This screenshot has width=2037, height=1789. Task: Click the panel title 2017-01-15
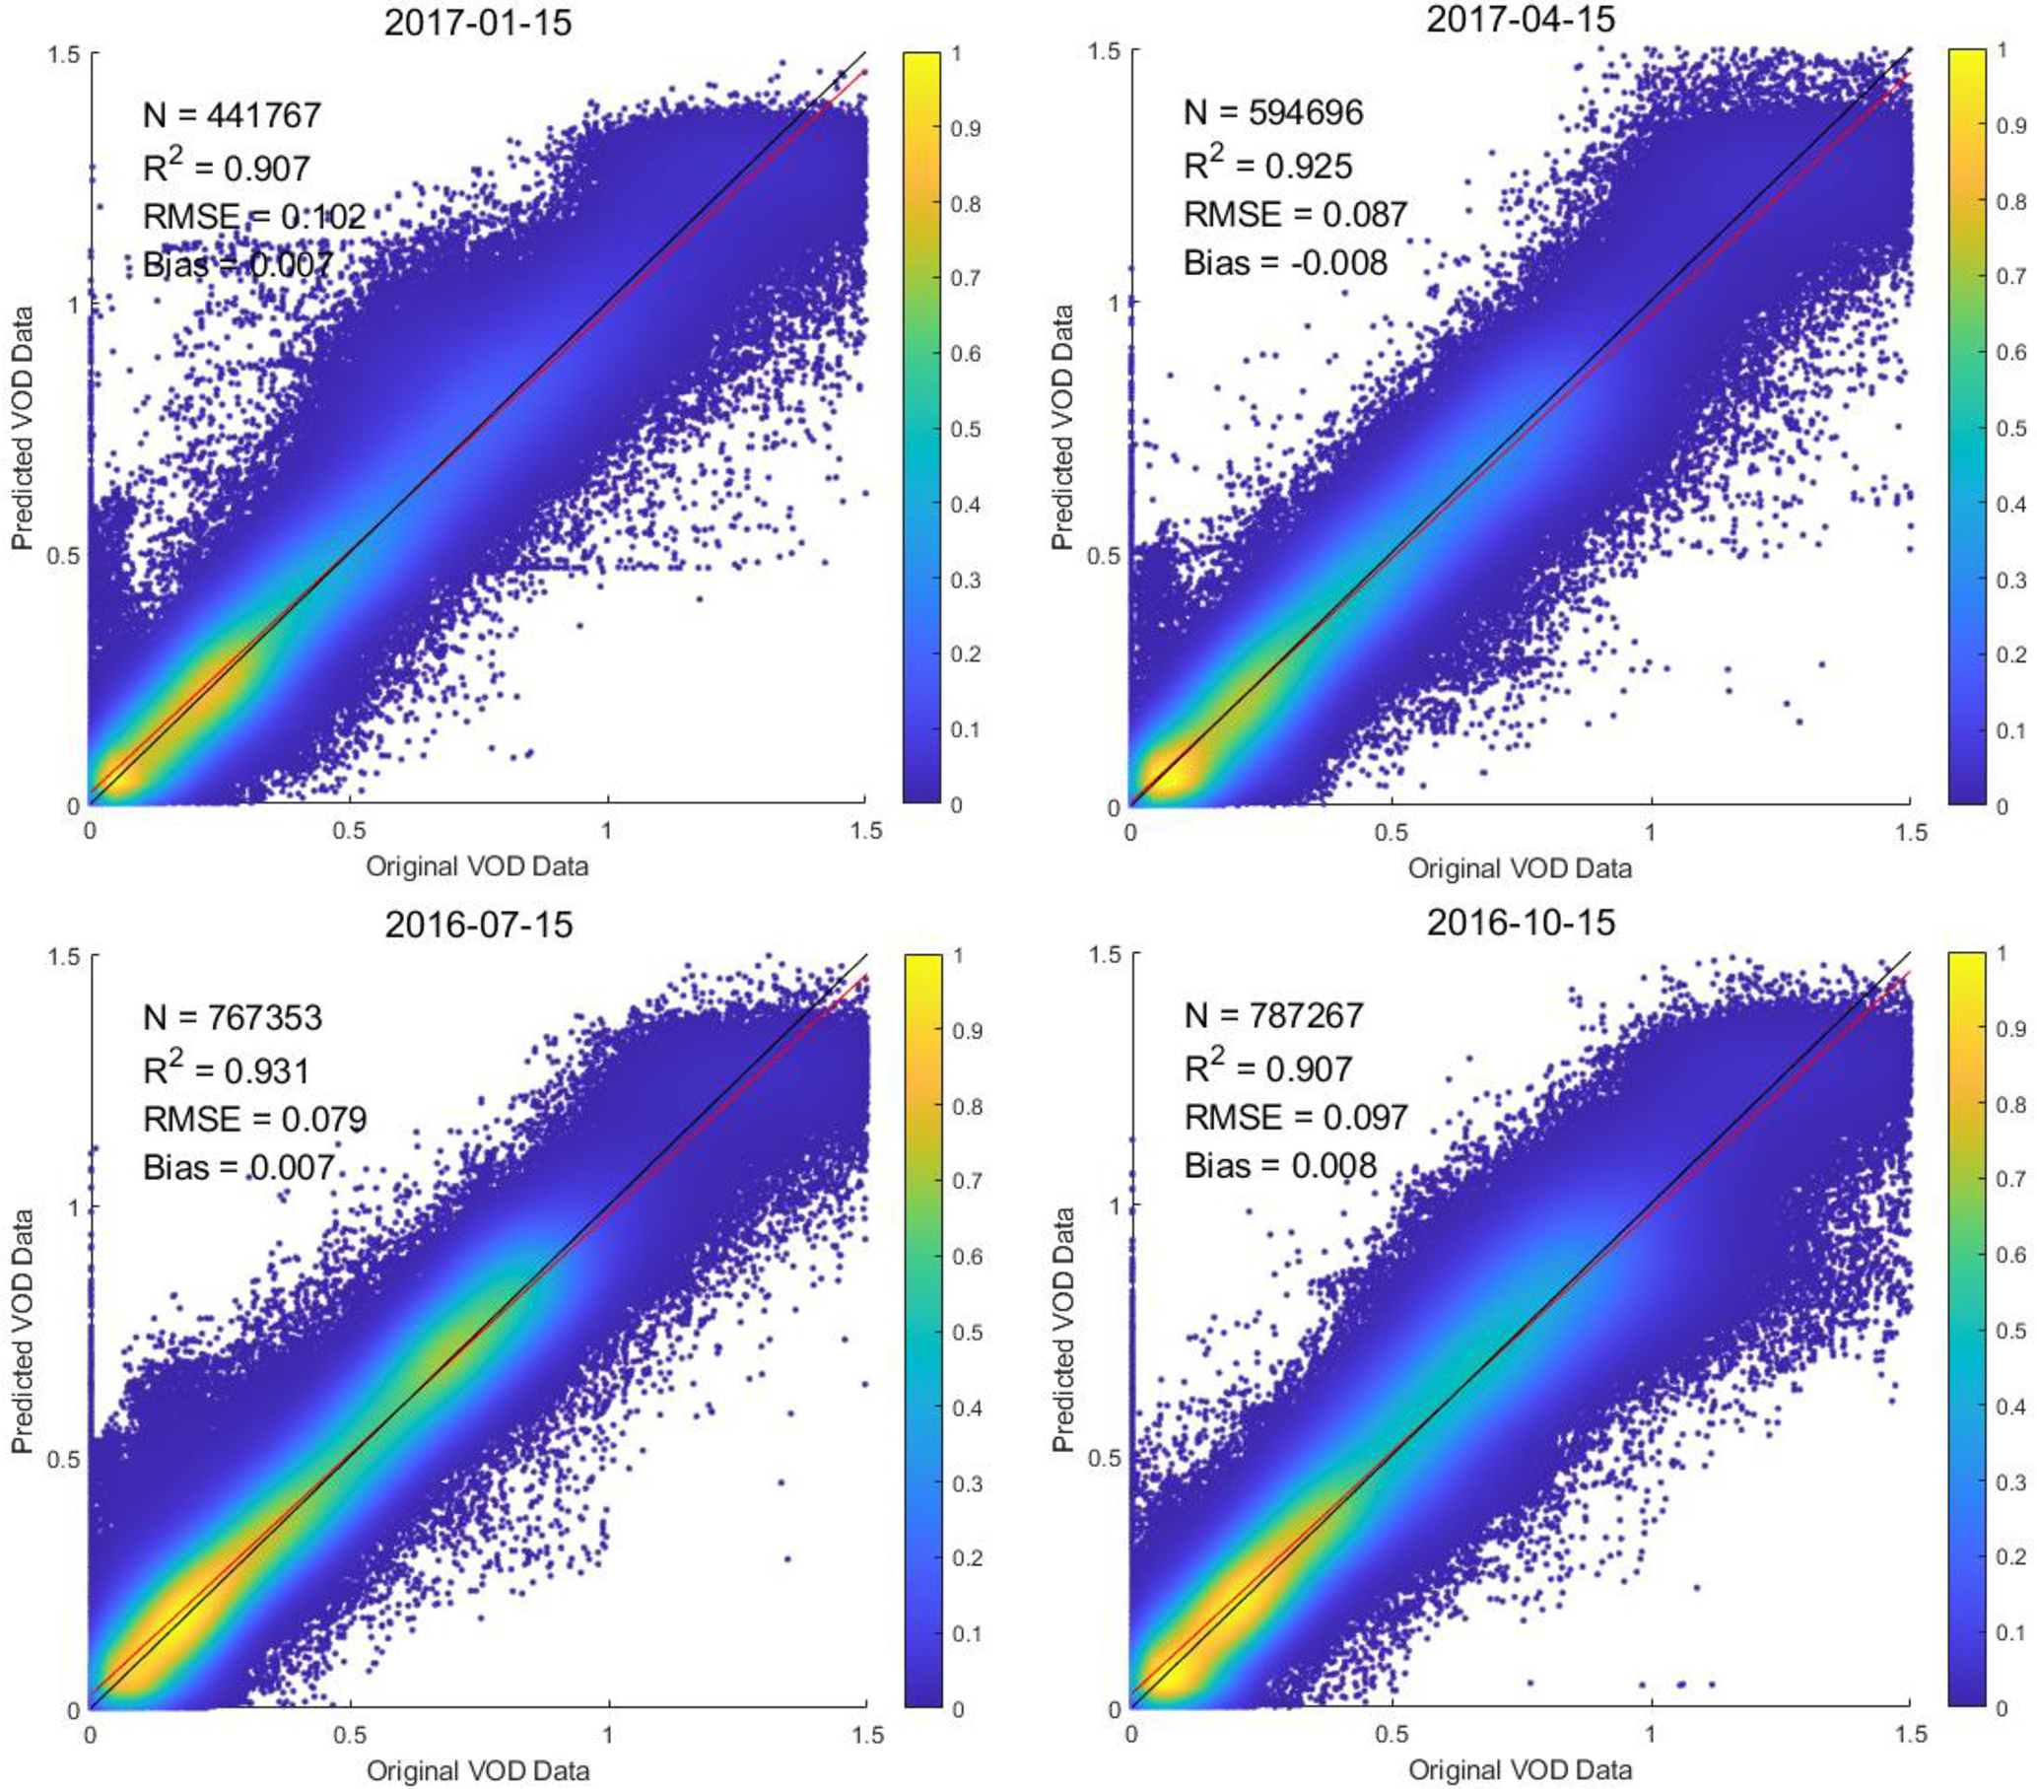click(x=477, y=22)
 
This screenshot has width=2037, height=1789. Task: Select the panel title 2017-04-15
click(x=1520, y=19)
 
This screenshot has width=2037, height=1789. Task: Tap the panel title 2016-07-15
click(x=478, y=924)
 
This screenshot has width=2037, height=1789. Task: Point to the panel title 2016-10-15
click(x=1520, y=922)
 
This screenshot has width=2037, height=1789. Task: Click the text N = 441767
click(x=233, y=115)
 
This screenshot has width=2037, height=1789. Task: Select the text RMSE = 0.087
click(x=1295, y=214)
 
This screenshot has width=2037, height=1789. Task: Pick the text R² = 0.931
click(x=227, y=1069)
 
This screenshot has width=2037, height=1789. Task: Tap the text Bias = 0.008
click(x=1279, y=1165)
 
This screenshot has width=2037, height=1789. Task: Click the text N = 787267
click(x=1272, y=1015)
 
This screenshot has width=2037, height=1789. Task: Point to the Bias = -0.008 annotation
click(x=1285, y=263)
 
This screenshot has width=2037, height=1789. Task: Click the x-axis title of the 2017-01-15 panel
click(x=477, y=866)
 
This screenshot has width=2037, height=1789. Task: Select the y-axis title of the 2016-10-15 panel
click(x=1063, y=1330)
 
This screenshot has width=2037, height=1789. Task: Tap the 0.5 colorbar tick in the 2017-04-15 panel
click(x=2011, y=428)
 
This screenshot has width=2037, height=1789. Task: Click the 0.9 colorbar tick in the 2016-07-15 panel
click(x=967, y=1032)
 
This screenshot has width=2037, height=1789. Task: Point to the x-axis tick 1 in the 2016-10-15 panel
click(x=1652, y=1735)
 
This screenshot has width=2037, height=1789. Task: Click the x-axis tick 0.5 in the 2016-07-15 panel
click(x=349, y=1735)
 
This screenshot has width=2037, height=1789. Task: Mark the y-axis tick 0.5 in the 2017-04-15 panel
click(x=1105, y=554)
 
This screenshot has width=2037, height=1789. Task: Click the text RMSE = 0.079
click(x=255, y=1120)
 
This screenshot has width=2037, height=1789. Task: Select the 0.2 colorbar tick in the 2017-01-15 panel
click(x=965, y=654)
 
